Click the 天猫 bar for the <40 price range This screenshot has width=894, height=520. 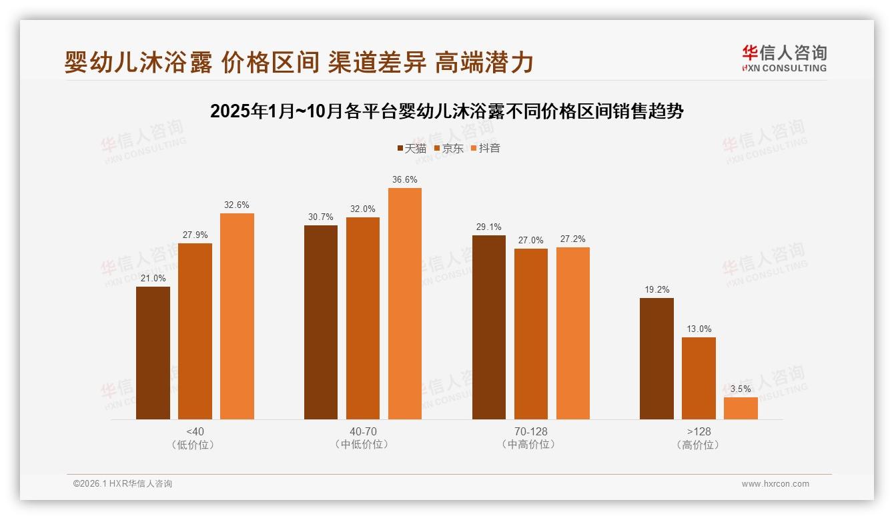(153, 353)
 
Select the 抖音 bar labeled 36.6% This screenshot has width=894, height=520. (405, 303)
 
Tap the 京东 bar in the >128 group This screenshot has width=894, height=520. (699, 378)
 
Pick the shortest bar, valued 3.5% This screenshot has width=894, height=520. (741, 408)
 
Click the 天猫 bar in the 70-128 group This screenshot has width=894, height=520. (489, 327)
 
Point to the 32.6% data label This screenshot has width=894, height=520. (237, 205)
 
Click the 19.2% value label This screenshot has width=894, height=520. (657, 289)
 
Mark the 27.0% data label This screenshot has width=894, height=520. (531, 240)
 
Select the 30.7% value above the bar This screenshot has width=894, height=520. (321, 217)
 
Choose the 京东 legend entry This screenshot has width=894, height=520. (448, 148)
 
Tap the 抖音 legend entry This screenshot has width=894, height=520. (486, 148)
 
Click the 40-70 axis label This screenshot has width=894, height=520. (363, 431)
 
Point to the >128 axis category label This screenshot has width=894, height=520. (699, 431)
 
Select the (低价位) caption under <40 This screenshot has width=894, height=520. (195, 445)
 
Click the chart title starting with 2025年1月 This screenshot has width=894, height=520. (446, 111)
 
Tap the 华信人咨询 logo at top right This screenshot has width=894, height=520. (784, 58)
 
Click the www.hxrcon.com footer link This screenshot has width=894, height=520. (775, 484)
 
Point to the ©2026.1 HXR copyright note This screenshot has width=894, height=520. (123, 484)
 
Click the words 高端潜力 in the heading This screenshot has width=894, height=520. (484, 62)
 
